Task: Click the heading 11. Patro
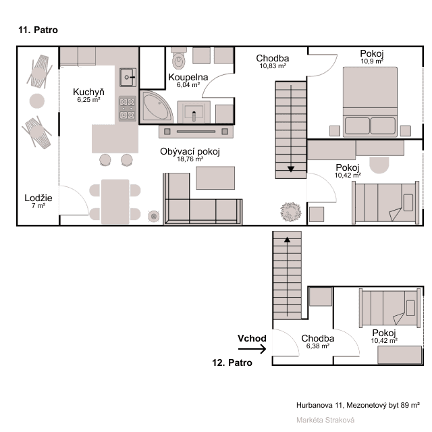pos(39,30)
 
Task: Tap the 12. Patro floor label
pos(232,362)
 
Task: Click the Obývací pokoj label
pos(190,155)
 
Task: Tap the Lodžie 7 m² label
pos(38,200)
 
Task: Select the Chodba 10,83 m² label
pos(273,61)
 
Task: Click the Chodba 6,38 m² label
pos(318,342)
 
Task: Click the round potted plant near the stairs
pos(291,211)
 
